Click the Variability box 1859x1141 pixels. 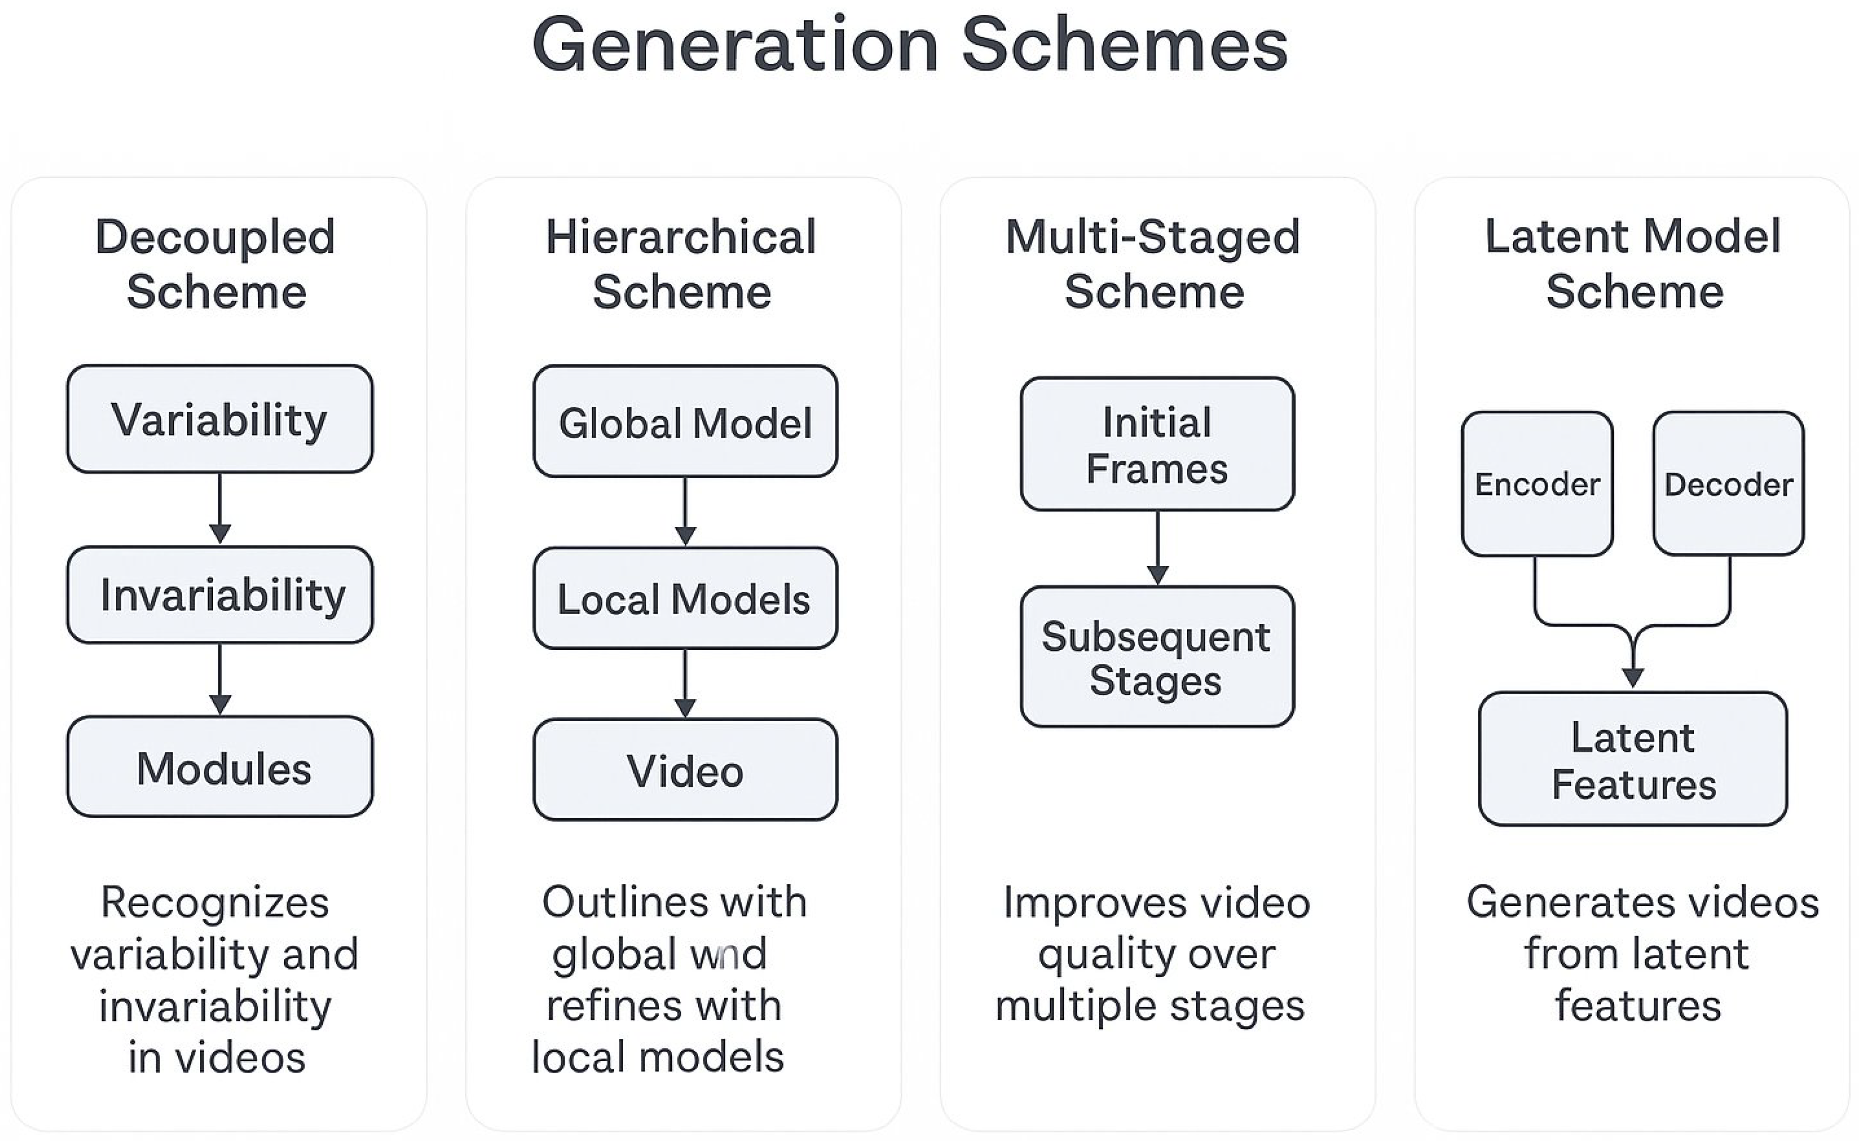(x=219, y=419)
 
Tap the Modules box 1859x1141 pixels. (x=219, y=767)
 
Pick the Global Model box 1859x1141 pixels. (x=685, y=422)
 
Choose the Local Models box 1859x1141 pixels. (x=685, y=598)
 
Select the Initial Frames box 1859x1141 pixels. (x=1157, y=445)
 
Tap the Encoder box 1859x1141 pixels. (x=1537, y=483)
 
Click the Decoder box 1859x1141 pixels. (x=1729, y=483)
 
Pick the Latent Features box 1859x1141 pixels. (x=1633, y=759)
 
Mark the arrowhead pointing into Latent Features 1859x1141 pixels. (x=1633, y=677)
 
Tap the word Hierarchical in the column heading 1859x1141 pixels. (x=681, y=237)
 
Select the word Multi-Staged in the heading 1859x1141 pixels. (x=1153, y=237)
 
